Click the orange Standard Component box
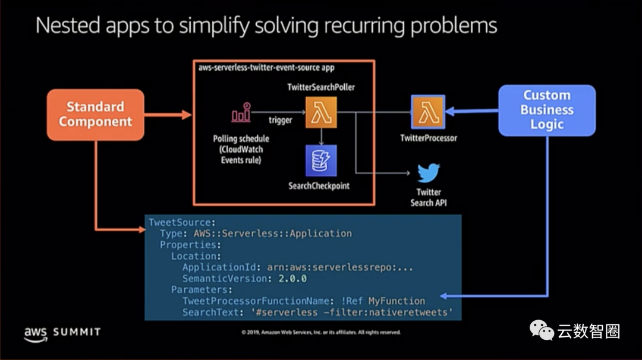point(95,115)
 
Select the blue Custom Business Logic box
point(546,110)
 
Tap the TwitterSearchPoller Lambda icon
point(321,112)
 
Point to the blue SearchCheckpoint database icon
point(321,161)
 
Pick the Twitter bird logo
point(429,173)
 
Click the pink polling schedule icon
point(241,113)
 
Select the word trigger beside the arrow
point(280,120)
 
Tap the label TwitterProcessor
point(428,138)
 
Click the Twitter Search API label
point(429,197)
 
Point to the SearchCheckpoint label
point(319,186)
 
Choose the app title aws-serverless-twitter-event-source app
point(266,68)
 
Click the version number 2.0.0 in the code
point(294,278)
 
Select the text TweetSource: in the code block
point(179,222)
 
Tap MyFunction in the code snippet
point(396,301)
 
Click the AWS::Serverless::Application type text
point(272,233)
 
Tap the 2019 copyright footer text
point(321,333)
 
